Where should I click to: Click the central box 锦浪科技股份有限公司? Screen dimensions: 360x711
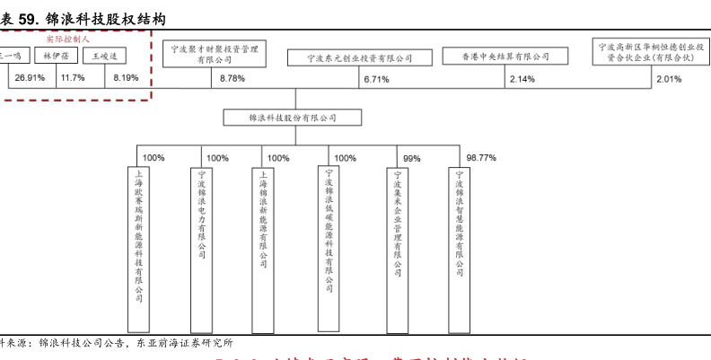[293, 118]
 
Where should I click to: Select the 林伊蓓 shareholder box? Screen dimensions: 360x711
[57, 57]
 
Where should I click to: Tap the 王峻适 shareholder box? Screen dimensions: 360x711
[105, 57]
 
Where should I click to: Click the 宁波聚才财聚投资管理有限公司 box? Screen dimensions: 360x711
[214, 53]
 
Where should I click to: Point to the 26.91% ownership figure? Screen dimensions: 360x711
[30, 78]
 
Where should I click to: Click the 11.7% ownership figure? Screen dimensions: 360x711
[73, 78]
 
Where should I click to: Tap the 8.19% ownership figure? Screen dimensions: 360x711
[126, 78]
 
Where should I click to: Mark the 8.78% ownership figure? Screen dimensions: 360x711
[232, 79]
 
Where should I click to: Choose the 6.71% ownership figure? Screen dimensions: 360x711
[376, 79]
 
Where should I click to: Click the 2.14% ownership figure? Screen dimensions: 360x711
[522, 79]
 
